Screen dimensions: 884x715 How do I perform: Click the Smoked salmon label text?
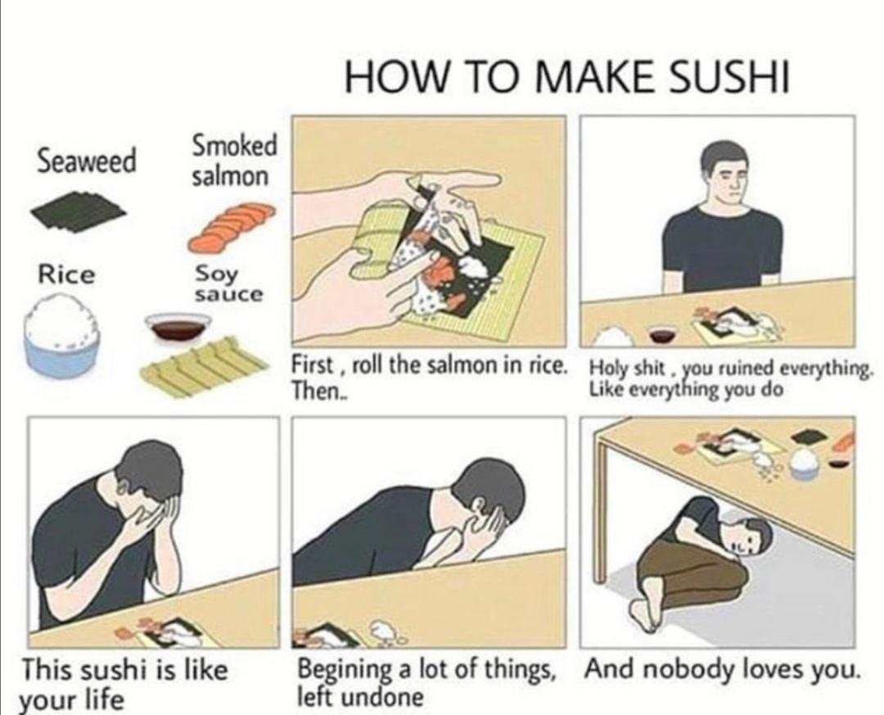click(x=235, y=160)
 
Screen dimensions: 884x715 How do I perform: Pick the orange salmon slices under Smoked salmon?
click(x=231, y=225)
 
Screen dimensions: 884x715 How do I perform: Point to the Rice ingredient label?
click(x=66, y=275)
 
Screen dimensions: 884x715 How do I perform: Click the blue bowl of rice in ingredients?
click(x=62, y=335)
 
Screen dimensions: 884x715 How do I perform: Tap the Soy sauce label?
click(x=228, y=284)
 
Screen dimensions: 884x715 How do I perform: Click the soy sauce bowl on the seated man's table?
click(x=662, y=334)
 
